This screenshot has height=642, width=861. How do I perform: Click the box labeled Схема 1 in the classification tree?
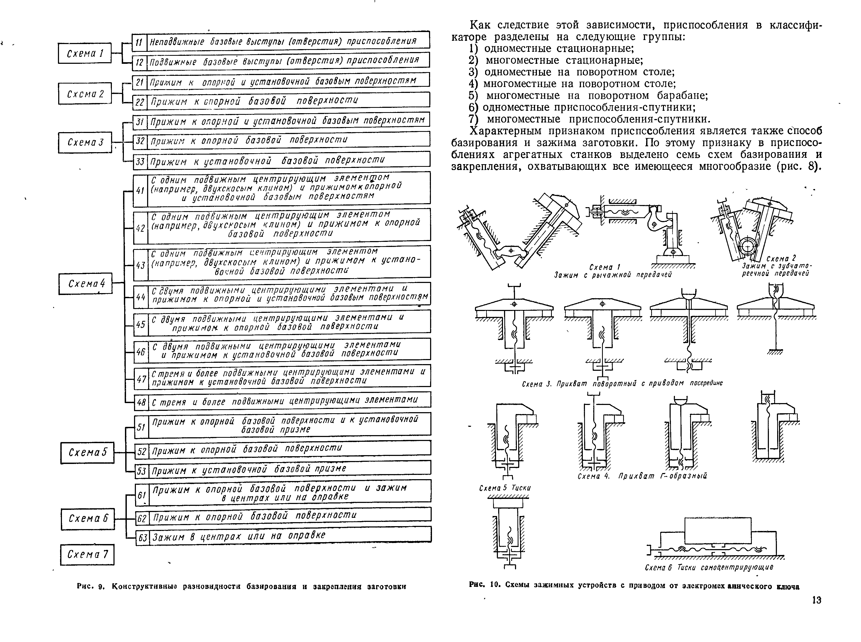pyautogui.click(x=85, y=53)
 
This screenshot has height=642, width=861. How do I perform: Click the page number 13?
pyautogui.click(x=816, y=600)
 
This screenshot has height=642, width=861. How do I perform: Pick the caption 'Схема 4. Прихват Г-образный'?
pyautogui.click(x=642, y=476)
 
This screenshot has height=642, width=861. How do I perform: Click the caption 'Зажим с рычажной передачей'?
pyautogui.click(x=613, y=275)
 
